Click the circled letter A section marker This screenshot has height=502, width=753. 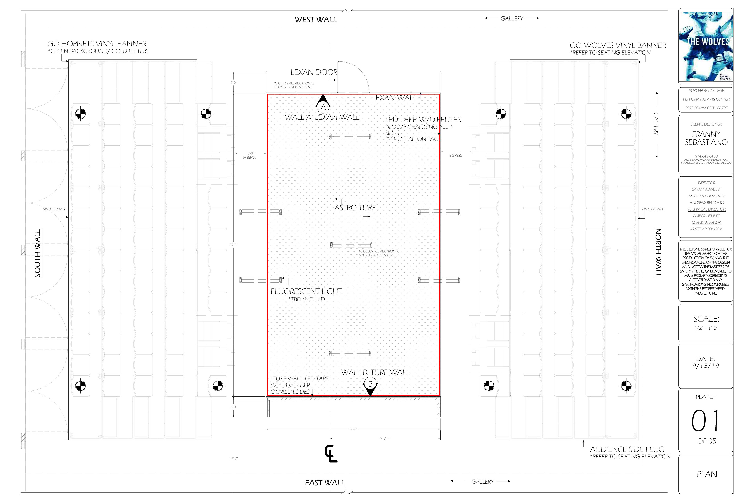[x=323, y=107]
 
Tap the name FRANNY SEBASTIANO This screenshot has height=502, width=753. [x=706, y=138]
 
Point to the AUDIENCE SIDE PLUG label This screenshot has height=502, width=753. [x=627, y=449]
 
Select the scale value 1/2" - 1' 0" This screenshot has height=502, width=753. [x=706, y=328]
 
